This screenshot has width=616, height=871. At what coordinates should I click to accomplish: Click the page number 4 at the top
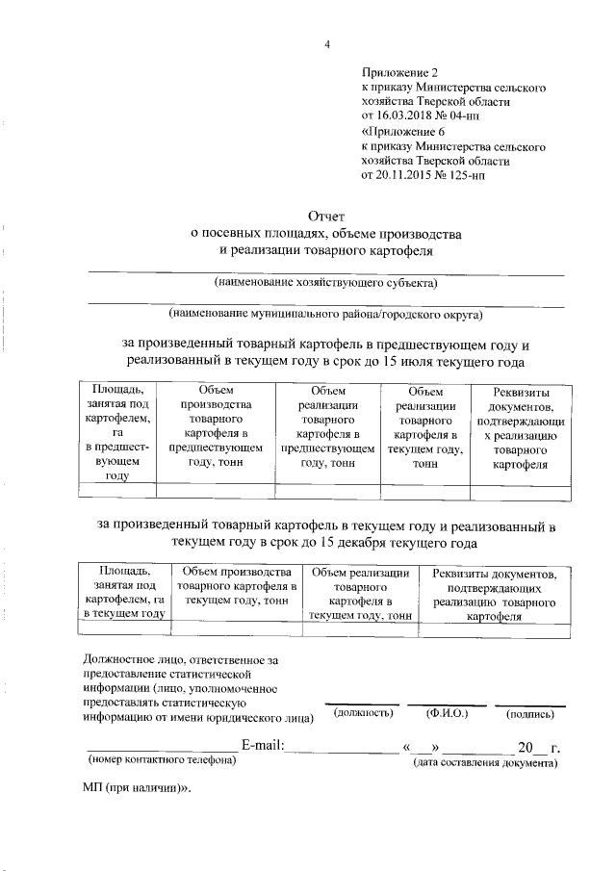[326, 45]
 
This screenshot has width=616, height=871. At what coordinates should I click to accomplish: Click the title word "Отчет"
[325, 217]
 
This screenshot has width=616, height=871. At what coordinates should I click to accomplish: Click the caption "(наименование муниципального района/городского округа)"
[325, 314]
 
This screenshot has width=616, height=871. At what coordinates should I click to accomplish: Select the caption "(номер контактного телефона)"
[161, 761]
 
